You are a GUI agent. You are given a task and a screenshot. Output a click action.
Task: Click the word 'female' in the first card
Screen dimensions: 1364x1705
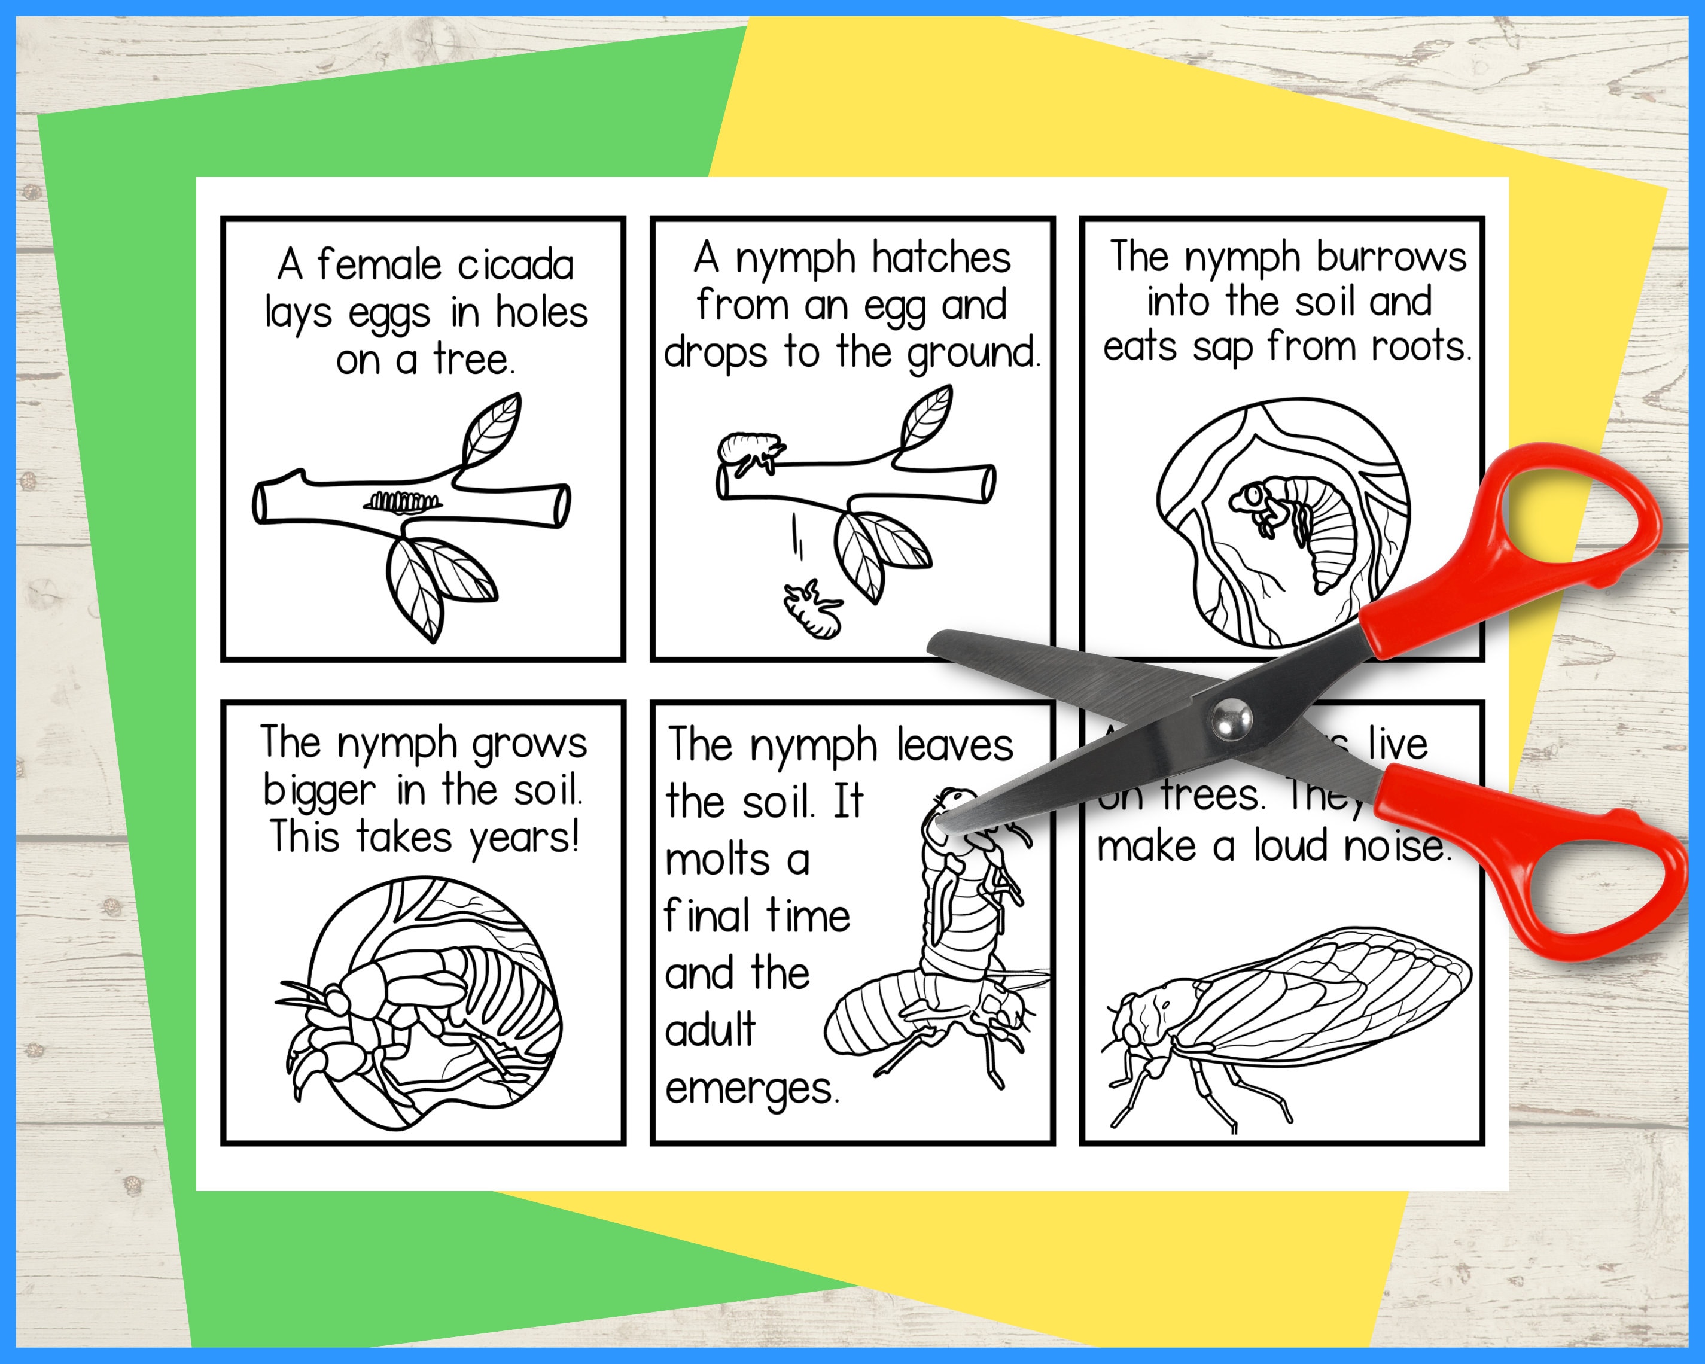(x=378, y=265)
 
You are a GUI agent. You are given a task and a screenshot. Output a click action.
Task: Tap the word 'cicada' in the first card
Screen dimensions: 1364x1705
(x=516, y=265)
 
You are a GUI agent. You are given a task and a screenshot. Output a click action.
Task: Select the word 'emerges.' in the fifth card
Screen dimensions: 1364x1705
(x=752, y=1089)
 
